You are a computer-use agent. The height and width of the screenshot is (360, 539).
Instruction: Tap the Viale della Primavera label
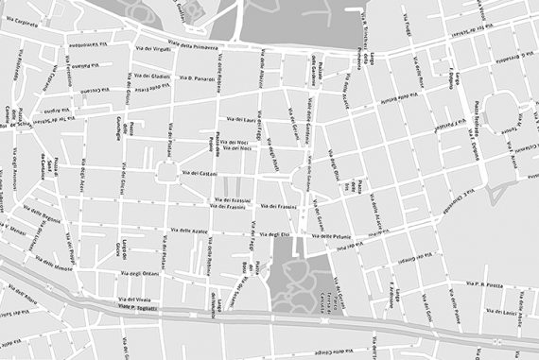[x=194, y=43]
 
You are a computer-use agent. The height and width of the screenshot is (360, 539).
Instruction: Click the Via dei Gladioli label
[x=151, y=76]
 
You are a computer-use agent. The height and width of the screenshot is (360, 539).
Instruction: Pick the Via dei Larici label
[x=504, y=310]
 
